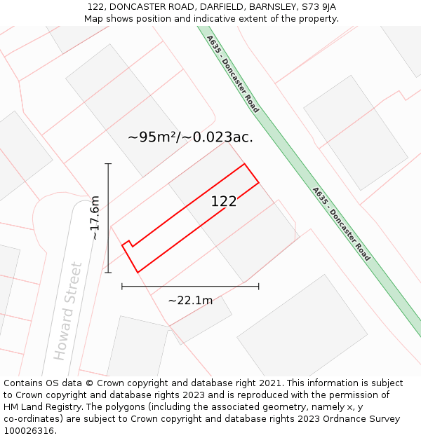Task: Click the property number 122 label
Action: tap(224, 202)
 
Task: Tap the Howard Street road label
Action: tap(68, 310)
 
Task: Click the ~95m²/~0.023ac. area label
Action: tap(190, 137)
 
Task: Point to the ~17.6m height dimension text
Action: tap(95, 218)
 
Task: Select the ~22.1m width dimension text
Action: tap(190, 301)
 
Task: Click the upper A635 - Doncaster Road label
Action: tap(233, 74)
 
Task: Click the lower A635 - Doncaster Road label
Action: tap(341, 224)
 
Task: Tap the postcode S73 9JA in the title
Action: tap(319, 7)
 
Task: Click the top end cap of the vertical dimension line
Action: tap(108, 163)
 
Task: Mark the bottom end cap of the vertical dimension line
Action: tap(108, 273)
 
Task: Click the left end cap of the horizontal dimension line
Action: tap(122, 286)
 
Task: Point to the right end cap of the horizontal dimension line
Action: tap(259, 286)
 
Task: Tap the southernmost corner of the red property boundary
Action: tap(138, 272)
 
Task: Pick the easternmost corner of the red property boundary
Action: tap(259, 182)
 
